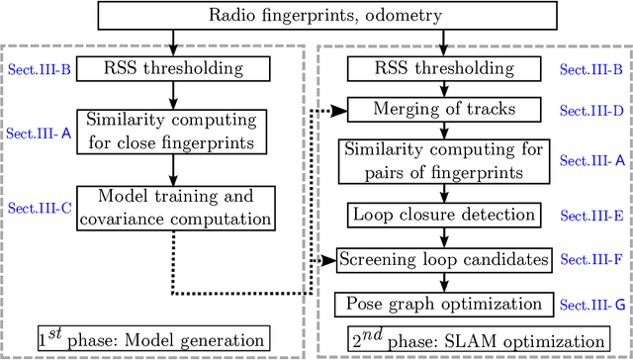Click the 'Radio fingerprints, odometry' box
[316, 15]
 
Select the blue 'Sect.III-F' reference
[590, 259]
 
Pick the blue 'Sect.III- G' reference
[590, 304]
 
